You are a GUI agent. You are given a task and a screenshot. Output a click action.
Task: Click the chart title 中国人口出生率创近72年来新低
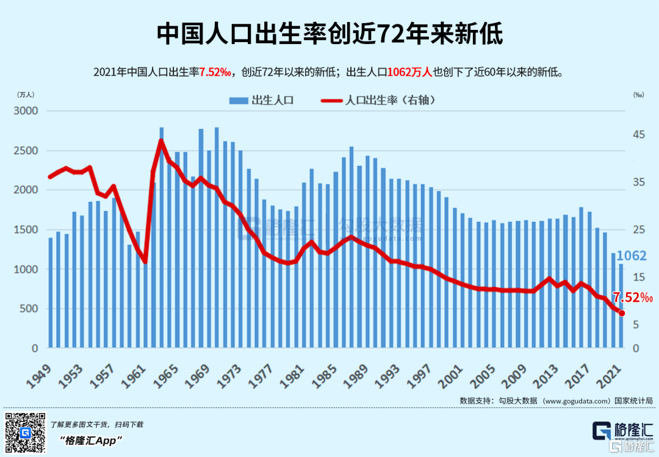(x=329, y=34)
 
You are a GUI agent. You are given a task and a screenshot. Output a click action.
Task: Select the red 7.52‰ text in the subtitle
(x=215, y=72)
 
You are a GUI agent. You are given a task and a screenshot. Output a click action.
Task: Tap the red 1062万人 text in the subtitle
(x=409, y=72)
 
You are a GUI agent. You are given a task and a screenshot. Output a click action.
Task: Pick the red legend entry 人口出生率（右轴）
(x=378, y=100)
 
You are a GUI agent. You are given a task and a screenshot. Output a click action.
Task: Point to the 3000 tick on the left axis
(x=26, y=111)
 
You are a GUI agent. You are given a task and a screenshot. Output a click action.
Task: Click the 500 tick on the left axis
(x=29, y=309)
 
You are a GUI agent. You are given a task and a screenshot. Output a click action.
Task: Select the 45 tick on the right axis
(x=639, y=134)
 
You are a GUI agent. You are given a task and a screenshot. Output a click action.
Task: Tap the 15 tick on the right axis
(x=639, y=277)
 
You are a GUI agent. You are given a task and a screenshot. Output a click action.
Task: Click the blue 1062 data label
(x=630, y=256)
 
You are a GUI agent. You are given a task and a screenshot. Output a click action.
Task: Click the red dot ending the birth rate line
(x=622, y=313)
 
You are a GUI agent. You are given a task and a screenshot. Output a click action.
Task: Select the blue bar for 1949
(x=51, y=293)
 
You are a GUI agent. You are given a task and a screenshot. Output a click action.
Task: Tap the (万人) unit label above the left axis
(x=26, y=95)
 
